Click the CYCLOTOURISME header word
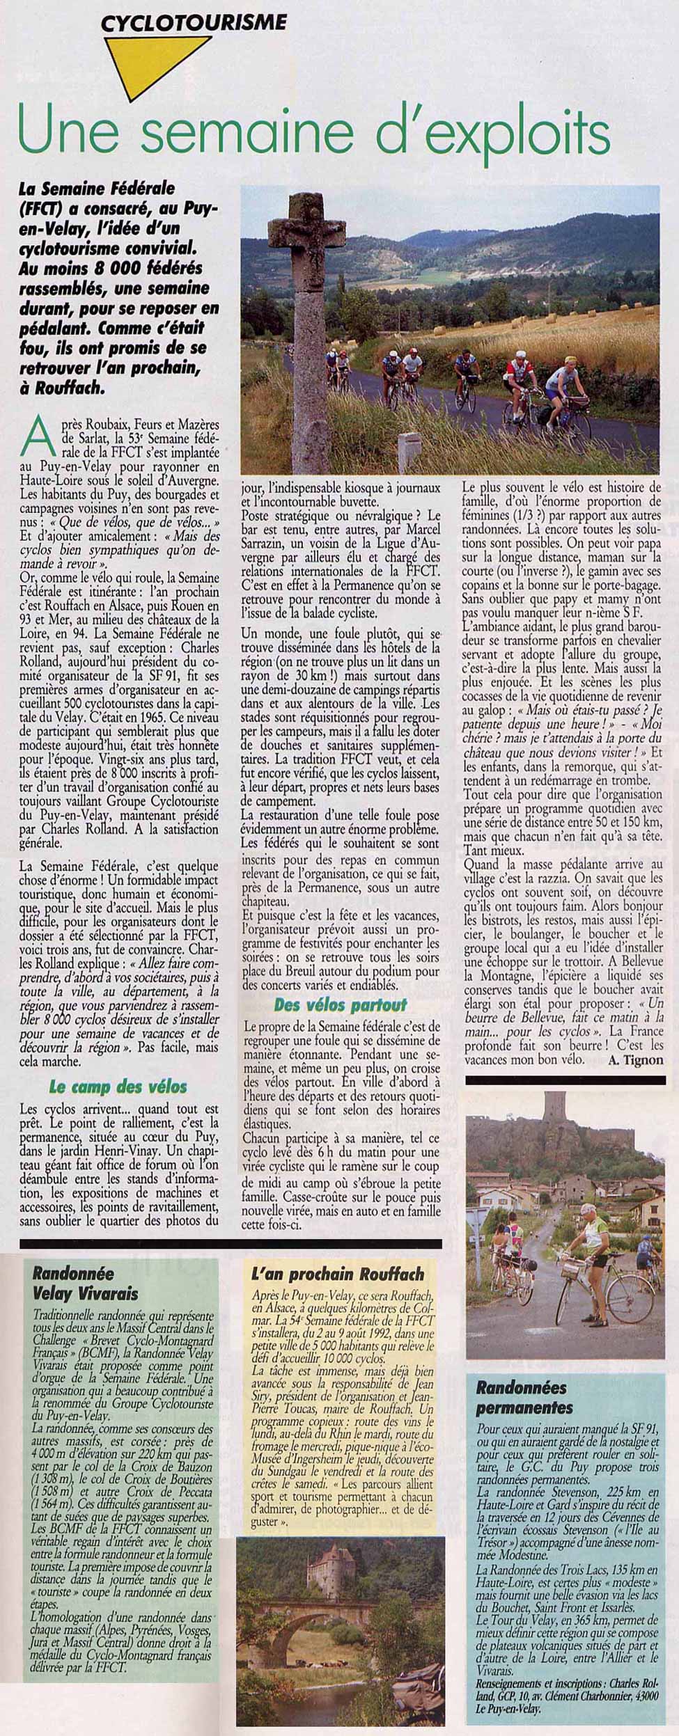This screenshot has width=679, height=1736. [194, 24]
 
